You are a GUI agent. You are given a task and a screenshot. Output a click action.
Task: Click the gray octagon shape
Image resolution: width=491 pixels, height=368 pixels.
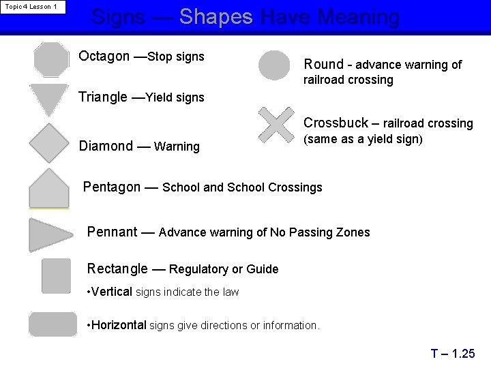click(x=52, y=59)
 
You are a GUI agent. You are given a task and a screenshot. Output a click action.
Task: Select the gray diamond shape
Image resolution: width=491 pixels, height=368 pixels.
click(x=49, y=142)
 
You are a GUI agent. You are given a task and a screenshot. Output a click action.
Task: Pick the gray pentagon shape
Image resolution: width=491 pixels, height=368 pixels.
click(x=49, y=189)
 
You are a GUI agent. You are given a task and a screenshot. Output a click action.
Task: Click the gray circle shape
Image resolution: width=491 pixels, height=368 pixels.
click(x=275, y=65)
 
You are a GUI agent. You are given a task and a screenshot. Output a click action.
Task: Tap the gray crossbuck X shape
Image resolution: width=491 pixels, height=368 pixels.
click(x=276, y=125)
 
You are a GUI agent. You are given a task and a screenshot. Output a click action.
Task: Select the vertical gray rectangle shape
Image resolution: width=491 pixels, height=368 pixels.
click(x=56, y=275)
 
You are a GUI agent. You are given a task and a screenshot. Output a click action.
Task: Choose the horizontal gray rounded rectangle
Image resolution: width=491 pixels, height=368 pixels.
click(x=53, y=324)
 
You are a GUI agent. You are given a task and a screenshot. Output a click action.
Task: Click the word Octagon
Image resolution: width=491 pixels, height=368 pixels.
click(x=104, y=56)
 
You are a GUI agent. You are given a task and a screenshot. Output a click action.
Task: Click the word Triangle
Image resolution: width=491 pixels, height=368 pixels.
click(x=103, y=97)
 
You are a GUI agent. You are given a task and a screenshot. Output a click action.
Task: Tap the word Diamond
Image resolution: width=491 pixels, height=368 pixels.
click(x=106, y=146)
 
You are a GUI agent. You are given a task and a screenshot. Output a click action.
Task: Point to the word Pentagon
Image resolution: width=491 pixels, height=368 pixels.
click(x=112, y=187)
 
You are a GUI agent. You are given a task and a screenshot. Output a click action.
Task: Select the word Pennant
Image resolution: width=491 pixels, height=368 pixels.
click(x=112, y=232)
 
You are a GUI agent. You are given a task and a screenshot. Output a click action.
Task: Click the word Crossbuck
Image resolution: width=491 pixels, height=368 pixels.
click(x=335, y=123)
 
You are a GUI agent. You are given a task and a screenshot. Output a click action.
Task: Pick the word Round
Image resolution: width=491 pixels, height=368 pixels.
click(x=323, y=64)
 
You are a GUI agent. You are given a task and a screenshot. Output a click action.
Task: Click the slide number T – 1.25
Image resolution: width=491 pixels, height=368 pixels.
click(x=452, y=353)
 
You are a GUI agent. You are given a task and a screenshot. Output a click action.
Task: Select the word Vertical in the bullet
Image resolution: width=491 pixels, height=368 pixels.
click(x=111, y=292)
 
